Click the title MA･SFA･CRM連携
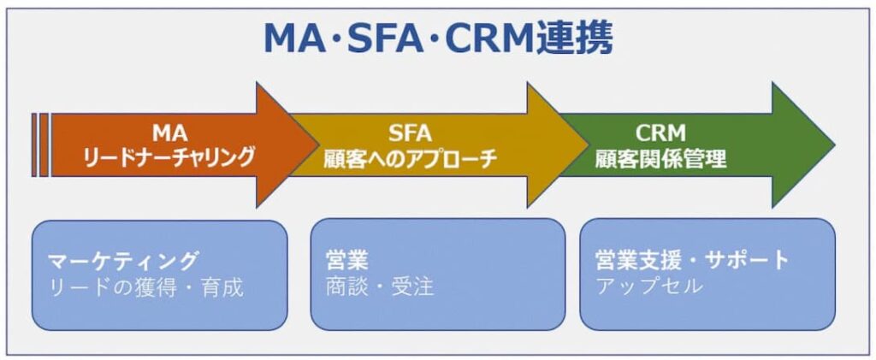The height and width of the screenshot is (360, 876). tap(437, 38)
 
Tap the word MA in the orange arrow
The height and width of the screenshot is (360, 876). tap(169, 133)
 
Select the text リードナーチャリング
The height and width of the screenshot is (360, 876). tap(169, 157)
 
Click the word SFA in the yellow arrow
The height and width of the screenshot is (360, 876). tap(410, 133)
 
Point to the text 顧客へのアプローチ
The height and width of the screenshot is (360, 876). tap(410, 158)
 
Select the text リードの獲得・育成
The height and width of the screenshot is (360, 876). tap(145, 286)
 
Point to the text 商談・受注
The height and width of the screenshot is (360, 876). tap(380, 286)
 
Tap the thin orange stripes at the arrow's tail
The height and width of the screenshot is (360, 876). tap(39, 145)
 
